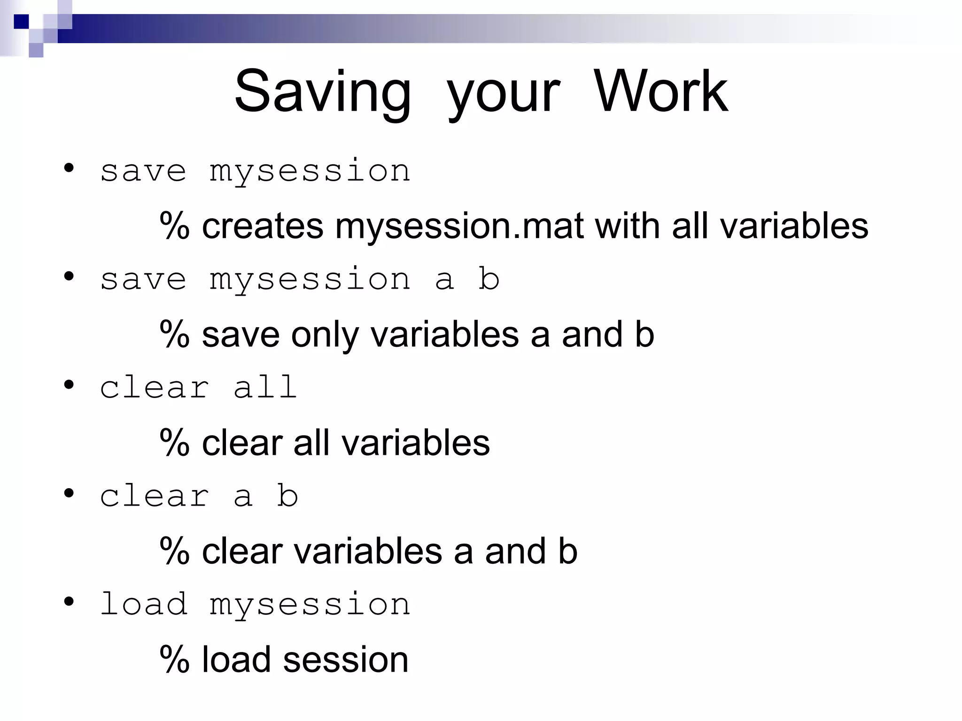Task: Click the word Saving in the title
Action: tap(323, 91)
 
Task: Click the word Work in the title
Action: tap(660, 91)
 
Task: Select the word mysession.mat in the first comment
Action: tap(459, 226)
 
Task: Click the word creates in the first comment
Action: tap(263, 226)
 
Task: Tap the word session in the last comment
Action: tap(346, 660)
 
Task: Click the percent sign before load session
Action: tap(174, 660)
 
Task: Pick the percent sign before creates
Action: tap(174, 226)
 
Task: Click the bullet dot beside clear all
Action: tap(69, 385)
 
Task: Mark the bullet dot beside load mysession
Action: tap(69, 601)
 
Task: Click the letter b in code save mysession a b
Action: tap(489, 279)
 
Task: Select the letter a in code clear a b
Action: tap(243, 496)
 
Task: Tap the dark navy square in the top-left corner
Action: tap(21, 22)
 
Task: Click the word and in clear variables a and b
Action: tap(515, 552)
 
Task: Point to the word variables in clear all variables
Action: tap(415, 443)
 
